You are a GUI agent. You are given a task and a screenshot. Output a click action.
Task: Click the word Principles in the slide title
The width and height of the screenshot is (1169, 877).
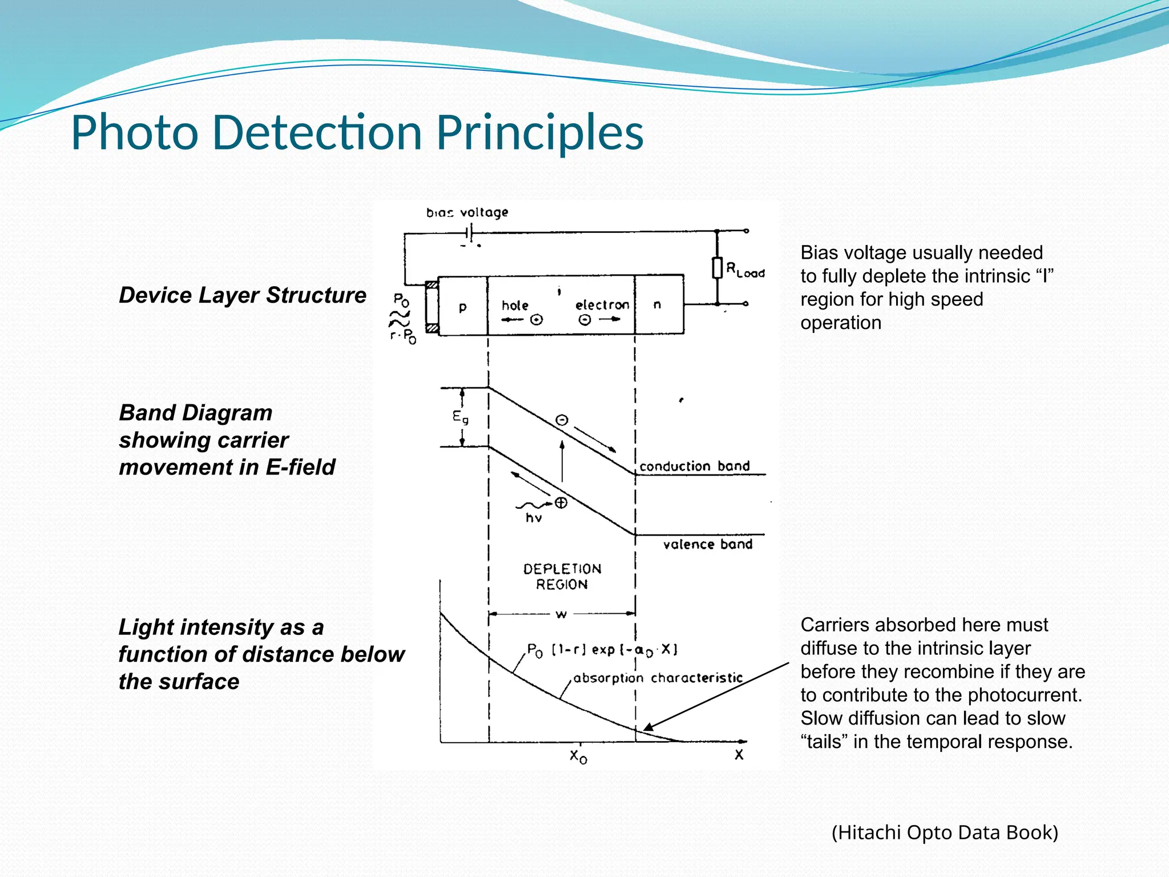(539, 132)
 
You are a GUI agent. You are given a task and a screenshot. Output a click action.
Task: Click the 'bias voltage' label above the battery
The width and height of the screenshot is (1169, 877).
(467, 212)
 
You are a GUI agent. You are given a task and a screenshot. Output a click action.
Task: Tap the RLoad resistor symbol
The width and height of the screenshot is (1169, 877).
(717, 268)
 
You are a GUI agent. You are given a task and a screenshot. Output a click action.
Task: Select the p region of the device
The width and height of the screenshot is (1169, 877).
(462, 307)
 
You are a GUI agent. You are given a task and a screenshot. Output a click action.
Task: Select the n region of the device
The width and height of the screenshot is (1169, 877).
(658, 305)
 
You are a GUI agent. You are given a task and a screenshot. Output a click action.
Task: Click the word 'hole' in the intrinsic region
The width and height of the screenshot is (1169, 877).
(515, 305)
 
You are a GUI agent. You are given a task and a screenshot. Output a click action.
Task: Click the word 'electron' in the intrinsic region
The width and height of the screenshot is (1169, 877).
(602, 305)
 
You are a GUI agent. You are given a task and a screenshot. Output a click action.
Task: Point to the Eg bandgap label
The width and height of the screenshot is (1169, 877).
(460, 417)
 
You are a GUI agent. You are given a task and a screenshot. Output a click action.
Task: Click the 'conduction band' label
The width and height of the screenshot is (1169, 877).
(694, 466)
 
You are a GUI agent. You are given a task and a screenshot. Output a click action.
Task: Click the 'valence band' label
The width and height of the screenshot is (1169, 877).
(707, 544)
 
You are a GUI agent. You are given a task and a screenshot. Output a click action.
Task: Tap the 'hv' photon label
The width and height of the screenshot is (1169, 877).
(534, 518)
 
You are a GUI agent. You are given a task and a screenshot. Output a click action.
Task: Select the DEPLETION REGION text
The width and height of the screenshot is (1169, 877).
(562, 576)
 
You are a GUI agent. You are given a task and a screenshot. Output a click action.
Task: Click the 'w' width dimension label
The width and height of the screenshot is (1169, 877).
(561, 614)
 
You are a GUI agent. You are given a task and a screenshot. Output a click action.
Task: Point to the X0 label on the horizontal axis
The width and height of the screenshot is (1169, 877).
(578, 756)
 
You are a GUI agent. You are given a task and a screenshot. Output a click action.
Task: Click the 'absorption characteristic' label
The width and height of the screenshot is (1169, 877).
(658, 678)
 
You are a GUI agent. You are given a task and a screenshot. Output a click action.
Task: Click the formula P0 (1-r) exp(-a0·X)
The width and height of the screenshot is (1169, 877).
(602, 650)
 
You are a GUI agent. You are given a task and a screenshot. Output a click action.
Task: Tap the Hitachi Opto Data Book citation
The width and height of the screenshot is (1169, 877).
(945, 832)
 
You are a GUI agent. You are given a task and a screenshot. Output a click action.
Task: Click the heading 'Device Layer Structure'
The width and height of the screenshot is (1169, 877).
(243, 295)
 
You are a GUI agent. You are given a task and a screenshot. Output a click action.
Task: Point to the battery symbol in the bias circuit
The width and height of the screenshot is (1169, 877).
(469, 232)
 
